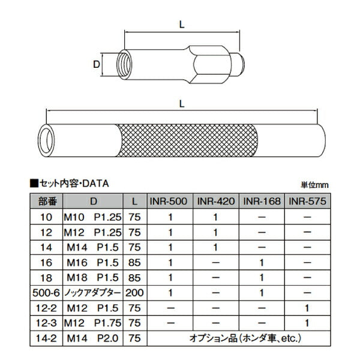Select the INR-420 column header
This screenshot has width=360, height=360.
click(x=216, y=202)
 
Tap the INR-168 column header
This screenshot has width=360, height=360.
click(x=262, y=202)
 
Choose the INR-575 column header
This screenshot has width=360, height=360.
click(x=307, y=202)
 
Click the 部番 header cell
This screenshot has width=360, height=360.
click(x=49, y=202)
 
